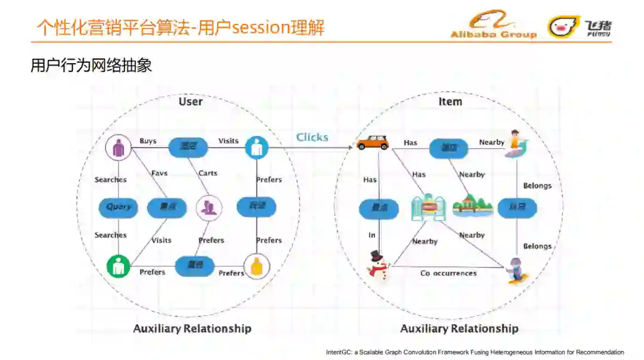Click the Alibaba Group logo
coord(493,25)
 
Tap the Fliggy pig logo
coord(563,26)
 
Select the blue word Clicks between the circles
coord(312,138)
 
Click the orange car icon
coord(373,142)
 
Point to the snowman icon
coord(377,265)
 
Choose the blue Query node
coord(118,207)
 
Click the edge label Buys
coord(148,141)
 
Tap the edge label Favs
coord(159,173)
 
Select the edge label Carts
coord(208,173)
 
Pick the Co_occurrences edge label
coord(448,274)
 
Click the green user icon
coord(119,266)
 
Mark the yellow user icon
coord(256,266)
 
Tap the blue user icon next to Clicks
coord(256,147)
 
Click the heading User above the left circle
coord(191,102)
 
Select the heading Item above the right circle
coord(450,102)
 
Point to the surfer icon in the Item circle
coord(516,144)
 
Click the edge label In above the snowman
coord(372,235)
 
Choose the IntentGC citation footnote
coord(475,352)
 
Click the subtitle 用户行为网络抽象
coord(91,66)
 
